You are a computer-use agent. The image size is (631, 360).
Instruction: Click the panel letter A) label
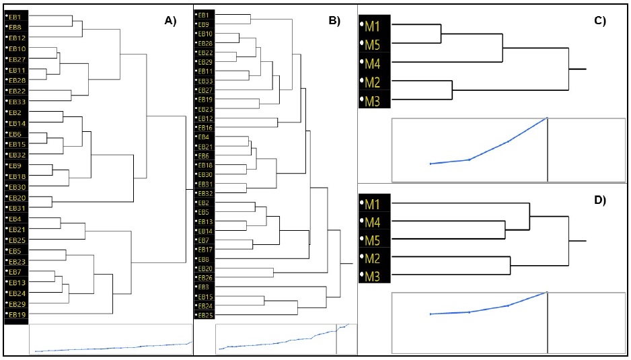[170, 21]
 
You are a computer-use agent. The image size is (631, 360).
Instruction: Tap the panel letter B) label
[334, 21]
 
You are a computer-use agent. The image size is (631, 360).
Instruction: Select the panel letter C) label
[600, 21]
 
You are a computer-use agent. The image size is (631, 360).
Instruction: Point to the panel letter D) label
[600, 201]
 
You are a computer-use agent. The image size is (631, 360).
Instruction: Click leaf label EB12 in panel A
[17, 38]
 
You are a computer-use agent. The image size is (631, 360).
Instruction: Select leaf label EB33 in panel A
[17, 102]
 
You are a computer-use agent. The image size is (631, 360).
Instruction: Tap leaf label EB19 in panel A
[17, 315]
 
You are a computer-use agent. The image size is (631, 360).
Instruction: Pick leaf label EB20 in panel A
[17, 198]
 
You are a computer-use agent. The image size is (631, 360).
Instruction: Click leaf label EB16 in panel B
[206, 128]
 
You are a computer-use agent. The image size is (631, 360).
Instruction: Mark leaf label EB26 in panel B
[206, 278]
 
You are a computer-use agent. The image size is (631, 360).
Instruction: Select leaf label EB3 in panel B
[204, 287]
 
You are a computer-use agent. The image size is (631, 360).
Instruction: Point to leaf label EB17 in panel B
[206, 250]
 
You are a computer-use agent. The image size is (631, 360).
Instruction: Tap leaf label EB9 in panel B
[204, 24]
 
